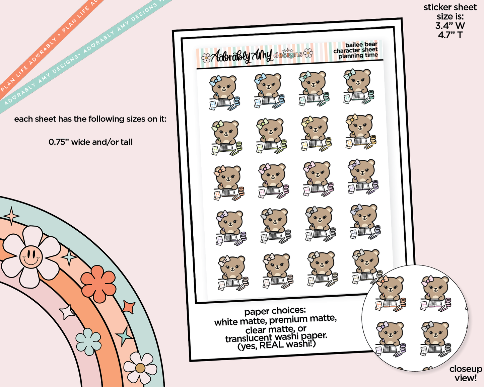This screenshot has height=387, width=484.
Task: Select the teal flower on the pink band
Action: (88, 341)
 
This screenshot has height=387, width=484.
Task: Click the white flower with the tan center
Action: (140, 368)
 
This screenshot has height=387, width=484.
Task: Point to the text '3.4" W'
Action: (450, 26)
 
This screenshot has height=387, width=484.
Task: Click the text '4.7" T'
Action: (450, 35)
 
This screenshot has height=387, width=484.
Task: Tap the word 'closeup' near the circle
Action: (466, 369)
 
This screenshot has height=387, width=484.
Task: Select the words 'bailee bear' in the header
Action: (361, 45)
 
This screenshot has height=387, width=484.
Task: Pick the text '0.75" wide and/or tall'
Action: (90, 142)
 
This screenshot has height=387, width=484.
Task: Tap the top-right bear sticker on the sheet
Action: (359, 86)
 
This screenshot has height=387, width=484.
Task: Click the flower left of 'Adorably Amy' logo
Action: (206, 58)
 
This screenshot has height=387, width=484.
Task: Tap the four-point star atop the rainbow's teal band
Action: (12, 216)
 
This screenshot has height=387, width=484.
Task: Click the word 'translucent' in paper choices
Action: (249, 338)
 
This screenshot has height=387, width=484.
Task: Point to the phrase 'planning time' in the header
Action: (358, 56)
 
